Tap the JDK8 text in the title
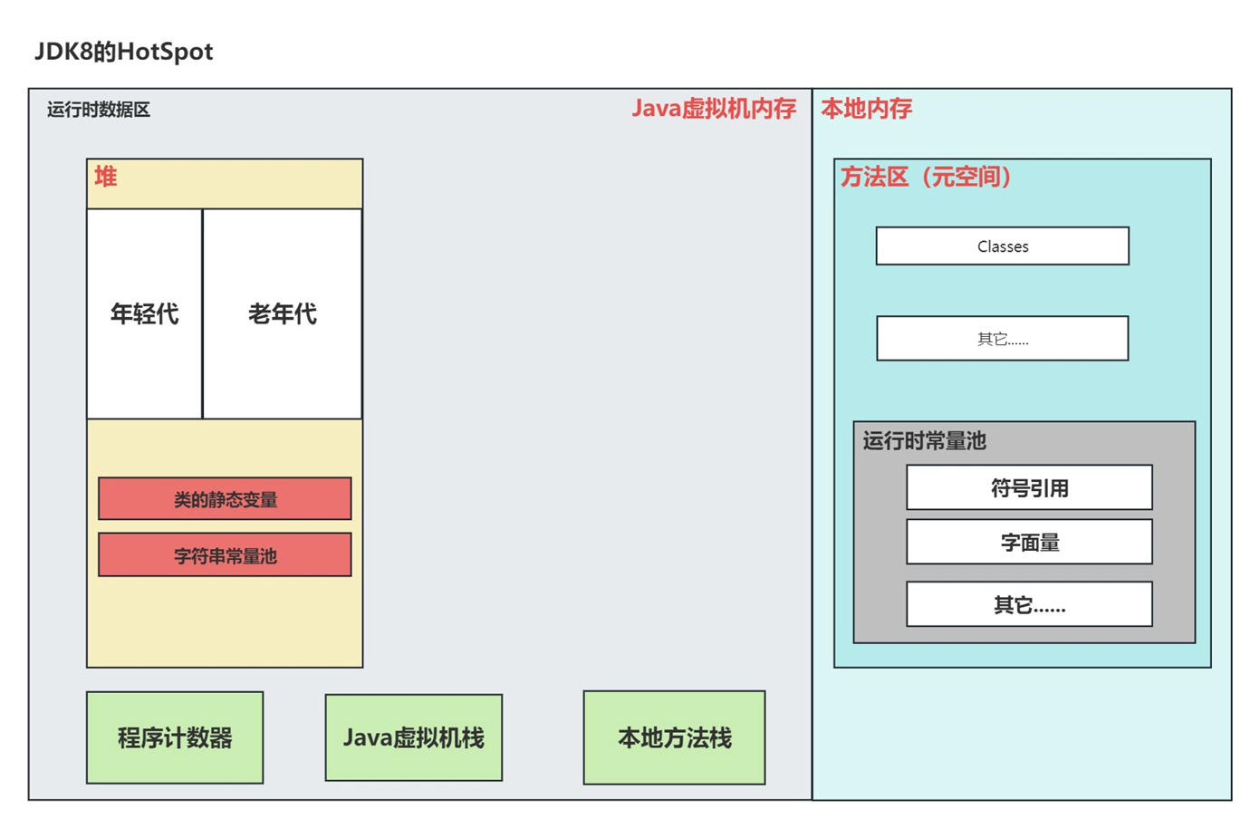[x=63, y=52]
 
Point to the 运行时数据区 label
[x=98, y=110]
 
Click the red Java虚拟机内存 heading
[x=713, y=109]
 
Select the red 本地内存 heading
[x=866, y=109]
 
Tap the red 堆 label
[x=105, y=177]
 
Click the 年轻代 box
[x=144, y=313]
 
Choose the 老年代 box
[x=282, y=313]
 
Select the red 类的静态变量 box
[x=225, y=499]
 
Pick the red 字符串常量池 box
[x=225, y=555]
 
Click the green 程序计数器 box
[x=175, y=737]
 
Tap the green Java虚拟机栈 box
[x=413, y=737]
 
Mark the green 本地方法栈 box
[x=674, y=737]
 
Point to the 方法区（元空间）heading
[x=926, y=177]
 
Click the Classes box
[x=1002, y=246]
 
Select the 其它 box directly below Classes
[x=1002, y=339]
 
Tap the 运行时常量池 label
[x=924, y=441]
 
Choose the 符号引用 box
[x=1029, y=488]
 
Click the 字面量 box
[x=1029, y=543]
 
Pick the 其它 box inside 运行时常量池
[x=1029, y=604]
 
